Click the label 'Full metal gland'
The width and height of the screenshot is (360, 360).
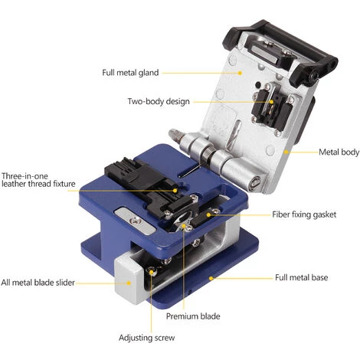[129, 73]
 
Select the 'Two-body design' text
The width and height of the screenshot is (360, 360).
[158, 101]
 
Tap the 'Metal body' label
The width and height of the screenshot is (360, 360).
[338, 152]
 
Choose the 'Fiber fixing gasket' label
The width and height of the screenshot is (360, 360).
[304, 215]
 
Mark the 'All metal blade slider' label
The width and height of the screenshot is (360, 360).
[38, 282]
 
